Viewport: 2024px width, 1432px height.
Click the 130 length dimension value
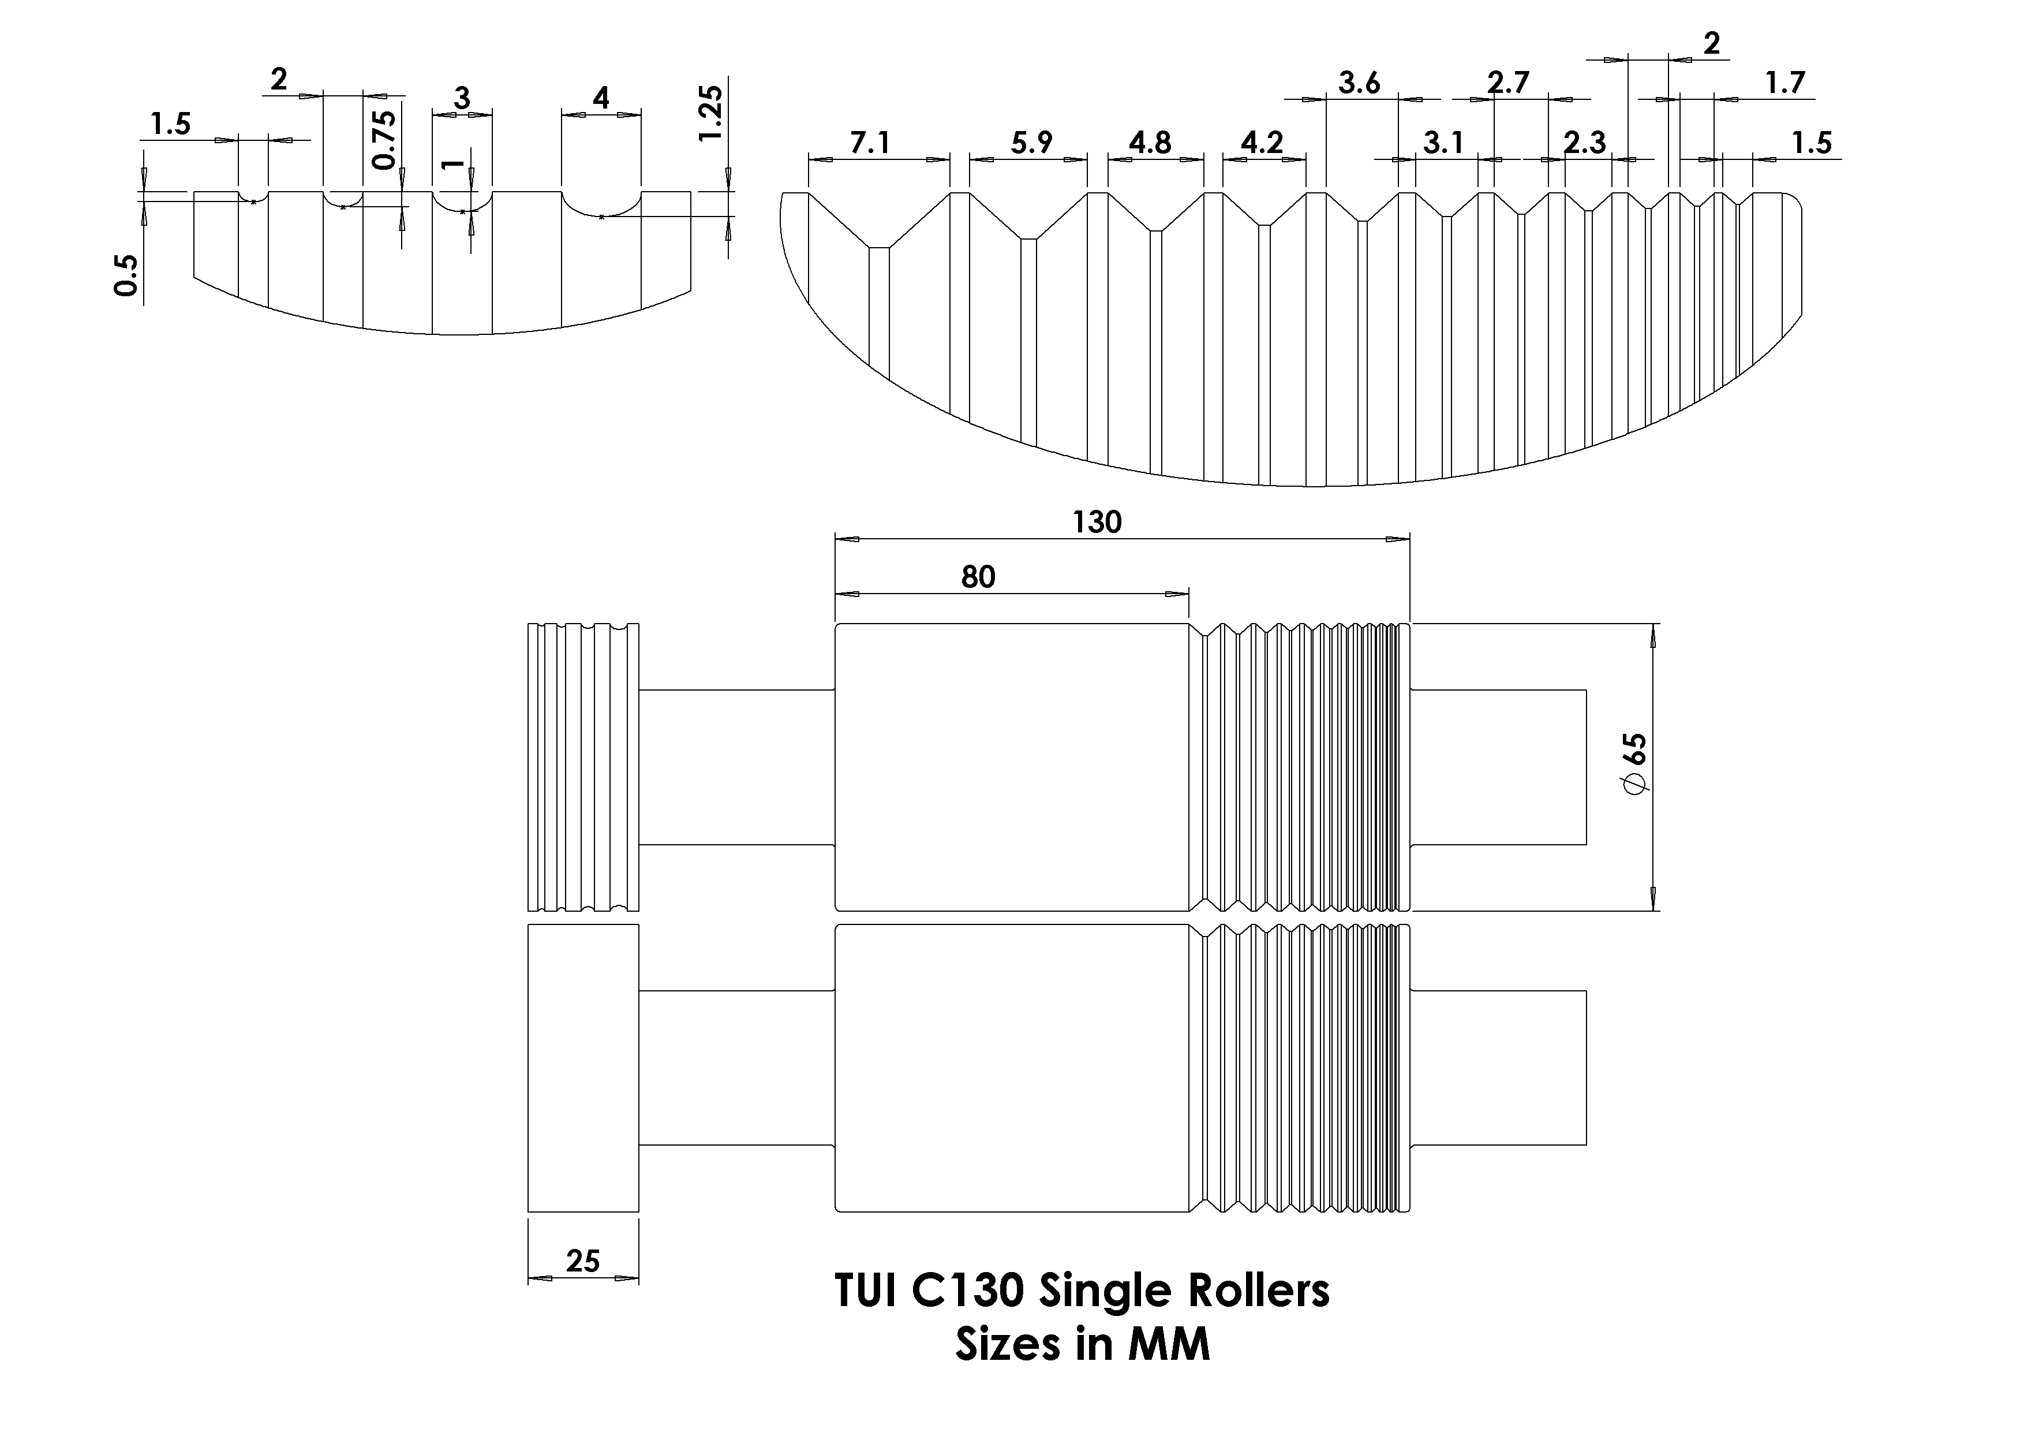point(1097,523)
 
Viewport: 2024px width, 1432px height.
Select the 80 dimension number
point(978,577)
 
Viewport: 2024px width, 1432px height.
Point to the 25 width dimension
point(583,1262)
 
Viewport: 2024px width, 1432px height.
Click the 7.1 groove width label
point(870,143)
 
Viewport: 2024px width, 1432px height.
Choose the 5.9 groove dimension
point(1031,143)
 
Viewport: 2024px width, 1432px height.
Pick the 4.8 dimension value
point(1150,143)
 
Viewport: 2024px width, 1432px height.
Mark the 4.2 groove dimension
point(1262,143)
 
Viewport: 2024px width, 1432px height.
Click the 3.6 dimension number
point(1359,84)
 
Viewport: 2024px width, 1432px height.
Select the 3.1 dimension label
point(1443,143)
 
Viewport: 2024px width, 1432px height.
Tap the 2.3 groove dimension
point(1584,143)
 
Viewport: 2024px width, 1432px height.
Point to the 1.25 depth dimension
point(710,113)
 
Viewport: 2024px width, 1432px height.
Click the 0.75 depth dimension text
point(384,139)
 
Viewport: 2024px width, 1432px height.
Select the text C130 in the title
point(967,1292)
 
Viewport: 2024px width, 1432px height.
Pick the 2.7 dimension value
point(1507,84)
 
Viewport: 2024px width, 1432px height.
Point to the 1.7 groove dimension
point(1785,84)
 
